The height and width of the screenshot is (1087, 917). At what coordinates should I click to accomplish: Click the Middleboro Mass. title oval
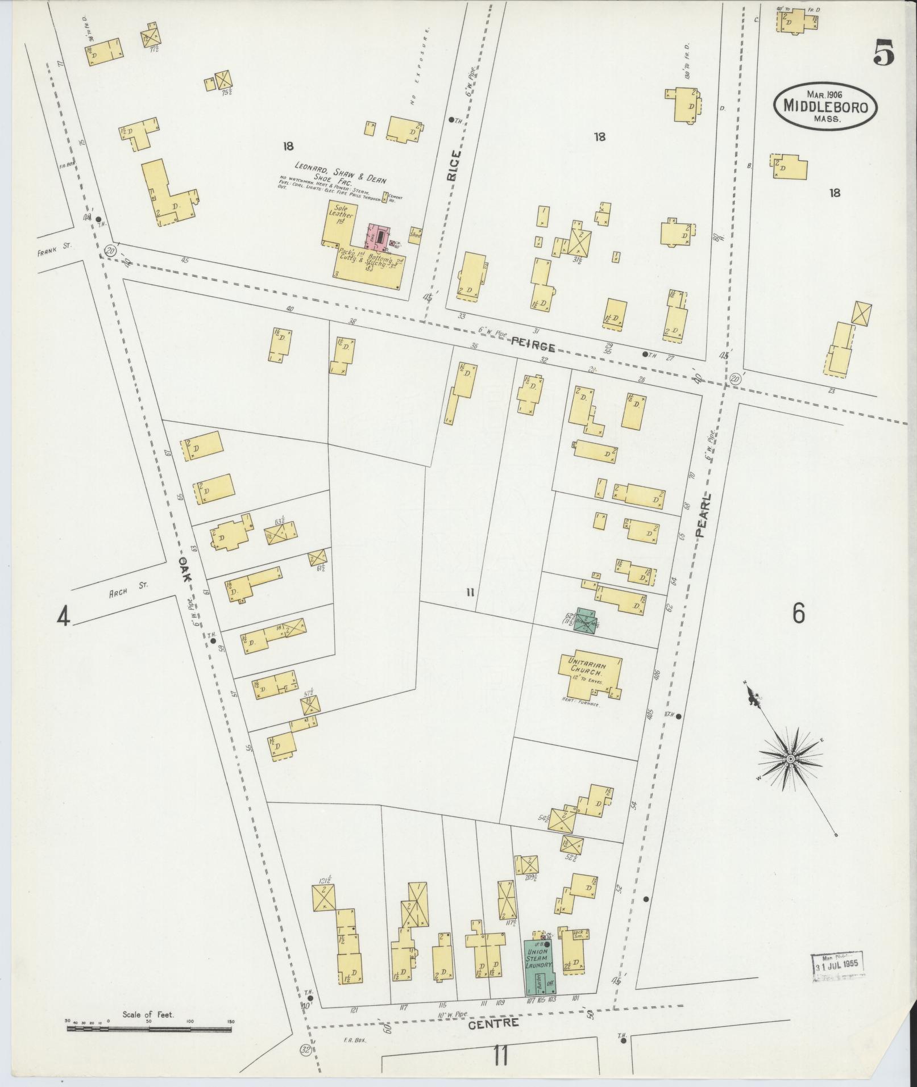tap(825, 107)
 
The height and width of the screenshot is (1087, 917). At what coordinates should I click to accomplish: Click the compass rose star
tap(790, 759)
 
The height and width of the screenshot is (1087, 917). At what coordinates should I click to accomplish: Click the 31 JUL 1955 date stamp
tap(837, 964)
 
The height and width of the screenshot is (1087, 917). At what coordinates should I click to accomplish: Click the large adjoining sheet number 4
tap(63, 617)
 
